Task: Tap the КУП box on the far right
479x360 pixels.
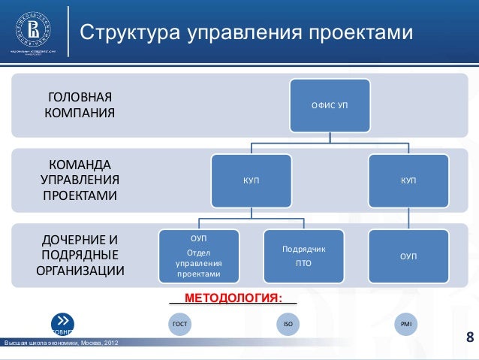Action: tap(408, 180)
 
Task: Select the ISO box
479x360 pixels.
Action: tap(286, 324)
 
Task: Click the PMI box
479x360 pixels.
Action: tap(406, 324)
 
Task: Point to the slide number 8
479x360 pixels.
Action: tap(470, 336)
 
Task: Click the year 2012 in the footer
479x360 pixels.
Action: tap(106, 344)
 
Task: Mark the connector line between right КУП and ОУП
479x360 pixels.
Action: tap(408, 218)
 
